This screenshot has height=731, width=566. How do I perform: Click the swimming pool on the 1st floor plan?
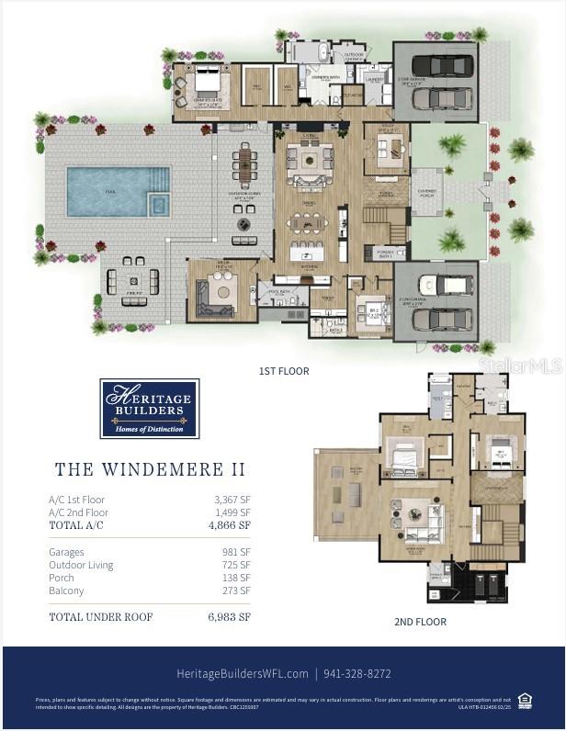tap(105, 191)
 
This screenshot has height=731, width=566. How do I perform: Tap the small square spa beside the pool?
tap(159, 204)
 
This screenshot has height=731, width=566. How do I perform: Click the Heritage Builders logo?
tap(149, 409)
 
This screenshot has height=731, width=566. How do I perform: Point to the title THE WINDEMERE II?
tap(150, 469)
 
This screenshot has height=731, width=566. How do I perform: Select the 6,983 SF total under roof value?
tap(229, 617)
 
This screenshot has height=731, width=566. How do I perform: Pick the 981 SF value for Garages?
tap(238, 552)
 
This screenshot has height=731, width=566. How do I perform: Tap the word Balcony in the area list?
tap(65, 590)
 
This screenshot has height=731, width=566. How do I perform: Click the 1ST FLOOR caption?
tap(284, 371)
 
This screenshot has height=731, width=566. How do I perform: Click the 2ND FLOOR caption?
tap(420, 622)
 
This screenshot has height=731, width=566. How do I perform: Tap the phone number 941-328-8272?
tap(358, 673)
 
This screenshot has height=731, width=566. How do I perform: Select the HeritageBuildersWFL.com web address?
tap(242, 673)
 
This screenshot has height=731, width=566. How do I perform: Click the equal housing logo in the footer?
tap(525, 700)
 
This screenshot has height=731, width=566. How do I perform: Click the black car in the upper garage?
tap(443, 65)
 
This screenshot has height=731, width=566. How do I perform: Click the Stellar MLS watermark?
tap(519, 365)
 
